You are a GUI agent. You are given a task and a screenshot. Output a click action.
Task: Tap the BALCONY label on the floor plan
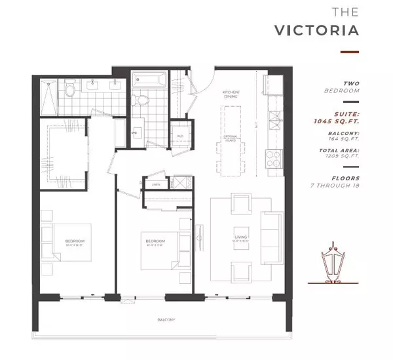point(165,319)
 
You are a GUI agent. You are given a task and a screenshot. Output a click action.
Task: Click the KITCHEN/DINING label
point(231,93)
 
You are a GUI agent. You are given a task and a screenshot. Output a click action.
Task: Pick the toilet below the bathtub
point(139,99)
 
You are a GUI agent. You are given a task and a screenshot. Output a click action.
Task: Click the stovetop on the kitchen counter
point(271,158)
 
